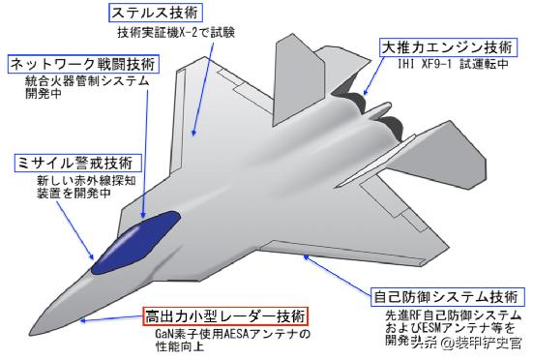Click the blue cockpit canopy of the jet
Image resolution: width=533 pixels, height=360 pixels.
134,242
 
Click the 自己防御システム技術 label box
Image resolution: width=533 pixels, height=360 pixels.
449,295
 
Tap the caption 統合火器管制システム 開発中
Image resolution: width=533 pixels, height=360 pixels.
87,88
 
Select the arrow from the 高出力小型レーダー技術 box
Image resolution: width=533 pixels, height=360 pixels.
111,317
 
